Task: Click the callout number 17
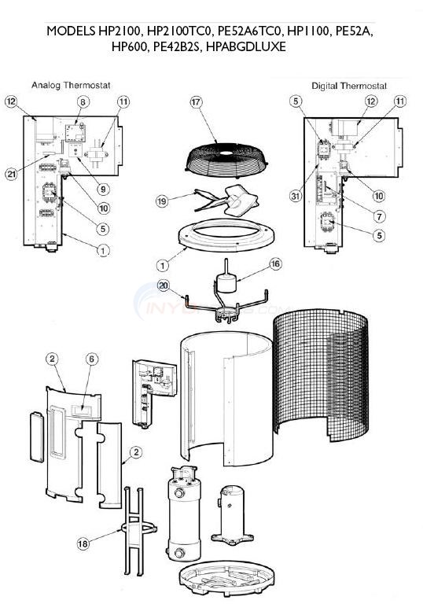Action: pyautogui.click(x=196, y=101)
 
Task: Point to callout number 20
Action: pyautogui.click(x=164, y=285)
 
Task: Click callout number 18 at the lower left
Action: pyautogui.click(x=83, y=543)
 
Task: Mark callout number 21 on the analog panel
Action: pyautogui.click(x=10, y=174)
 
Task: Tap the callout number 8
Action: pyautogui.click(x=83, y=102)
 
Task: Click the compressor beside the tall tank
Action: pyautogui.click(x=235, y=510)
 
